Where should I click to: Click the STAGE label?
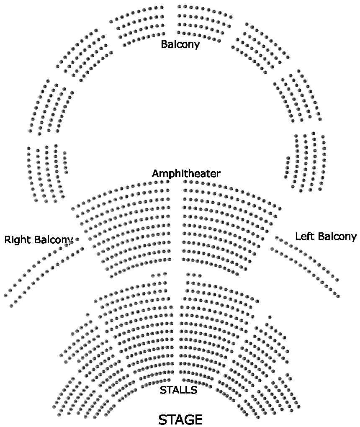coord(180,419)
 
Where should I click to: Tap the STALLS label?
coord(178,390)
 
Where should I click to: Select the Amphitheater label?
coord(186,173)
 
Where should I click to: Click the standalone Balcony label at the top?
coord(180,44)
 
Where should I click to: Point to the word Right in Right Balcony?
coord(18,240)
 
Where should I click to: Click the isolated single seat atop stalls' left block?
coord(87,314)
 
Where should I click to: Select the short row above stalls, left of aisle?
coord(159,275)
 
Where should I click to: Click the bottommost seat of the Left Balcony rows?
coord(338,296)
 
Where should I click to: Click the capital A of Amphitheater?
coord(156,173)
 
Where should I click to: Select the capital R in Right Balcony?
coord(8,240)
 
